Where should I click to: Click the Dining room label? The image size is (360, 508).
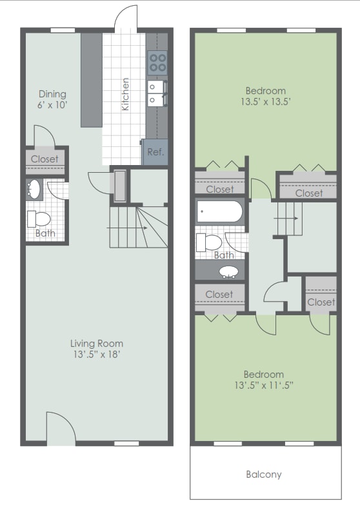[x=52, y=93]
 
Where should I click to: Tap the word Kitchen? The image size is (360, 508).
[x=126, y=93]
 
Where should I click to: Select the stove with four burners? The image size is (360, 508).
[x=157, y=63]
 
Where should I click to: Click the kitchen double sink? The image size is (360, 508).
[x=157, y=92]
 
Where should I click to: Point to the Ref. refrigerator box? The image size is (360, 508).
[x=155, y=152]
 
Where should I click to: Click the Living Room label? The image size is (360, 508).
[x=97, y=343]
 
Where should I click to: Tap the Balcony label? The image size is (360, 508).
[x=264, y=474]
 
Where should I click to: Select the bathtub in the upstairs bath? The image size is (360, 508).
[x=219, y=211]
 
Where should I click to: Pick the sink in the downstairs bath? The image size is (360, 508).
[x=34, y=190]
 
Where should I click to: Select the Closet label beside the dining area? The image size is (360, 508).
[x=45, y=159]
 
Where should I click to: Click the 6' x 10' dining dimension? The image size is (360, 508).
[x=52, y=104]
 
